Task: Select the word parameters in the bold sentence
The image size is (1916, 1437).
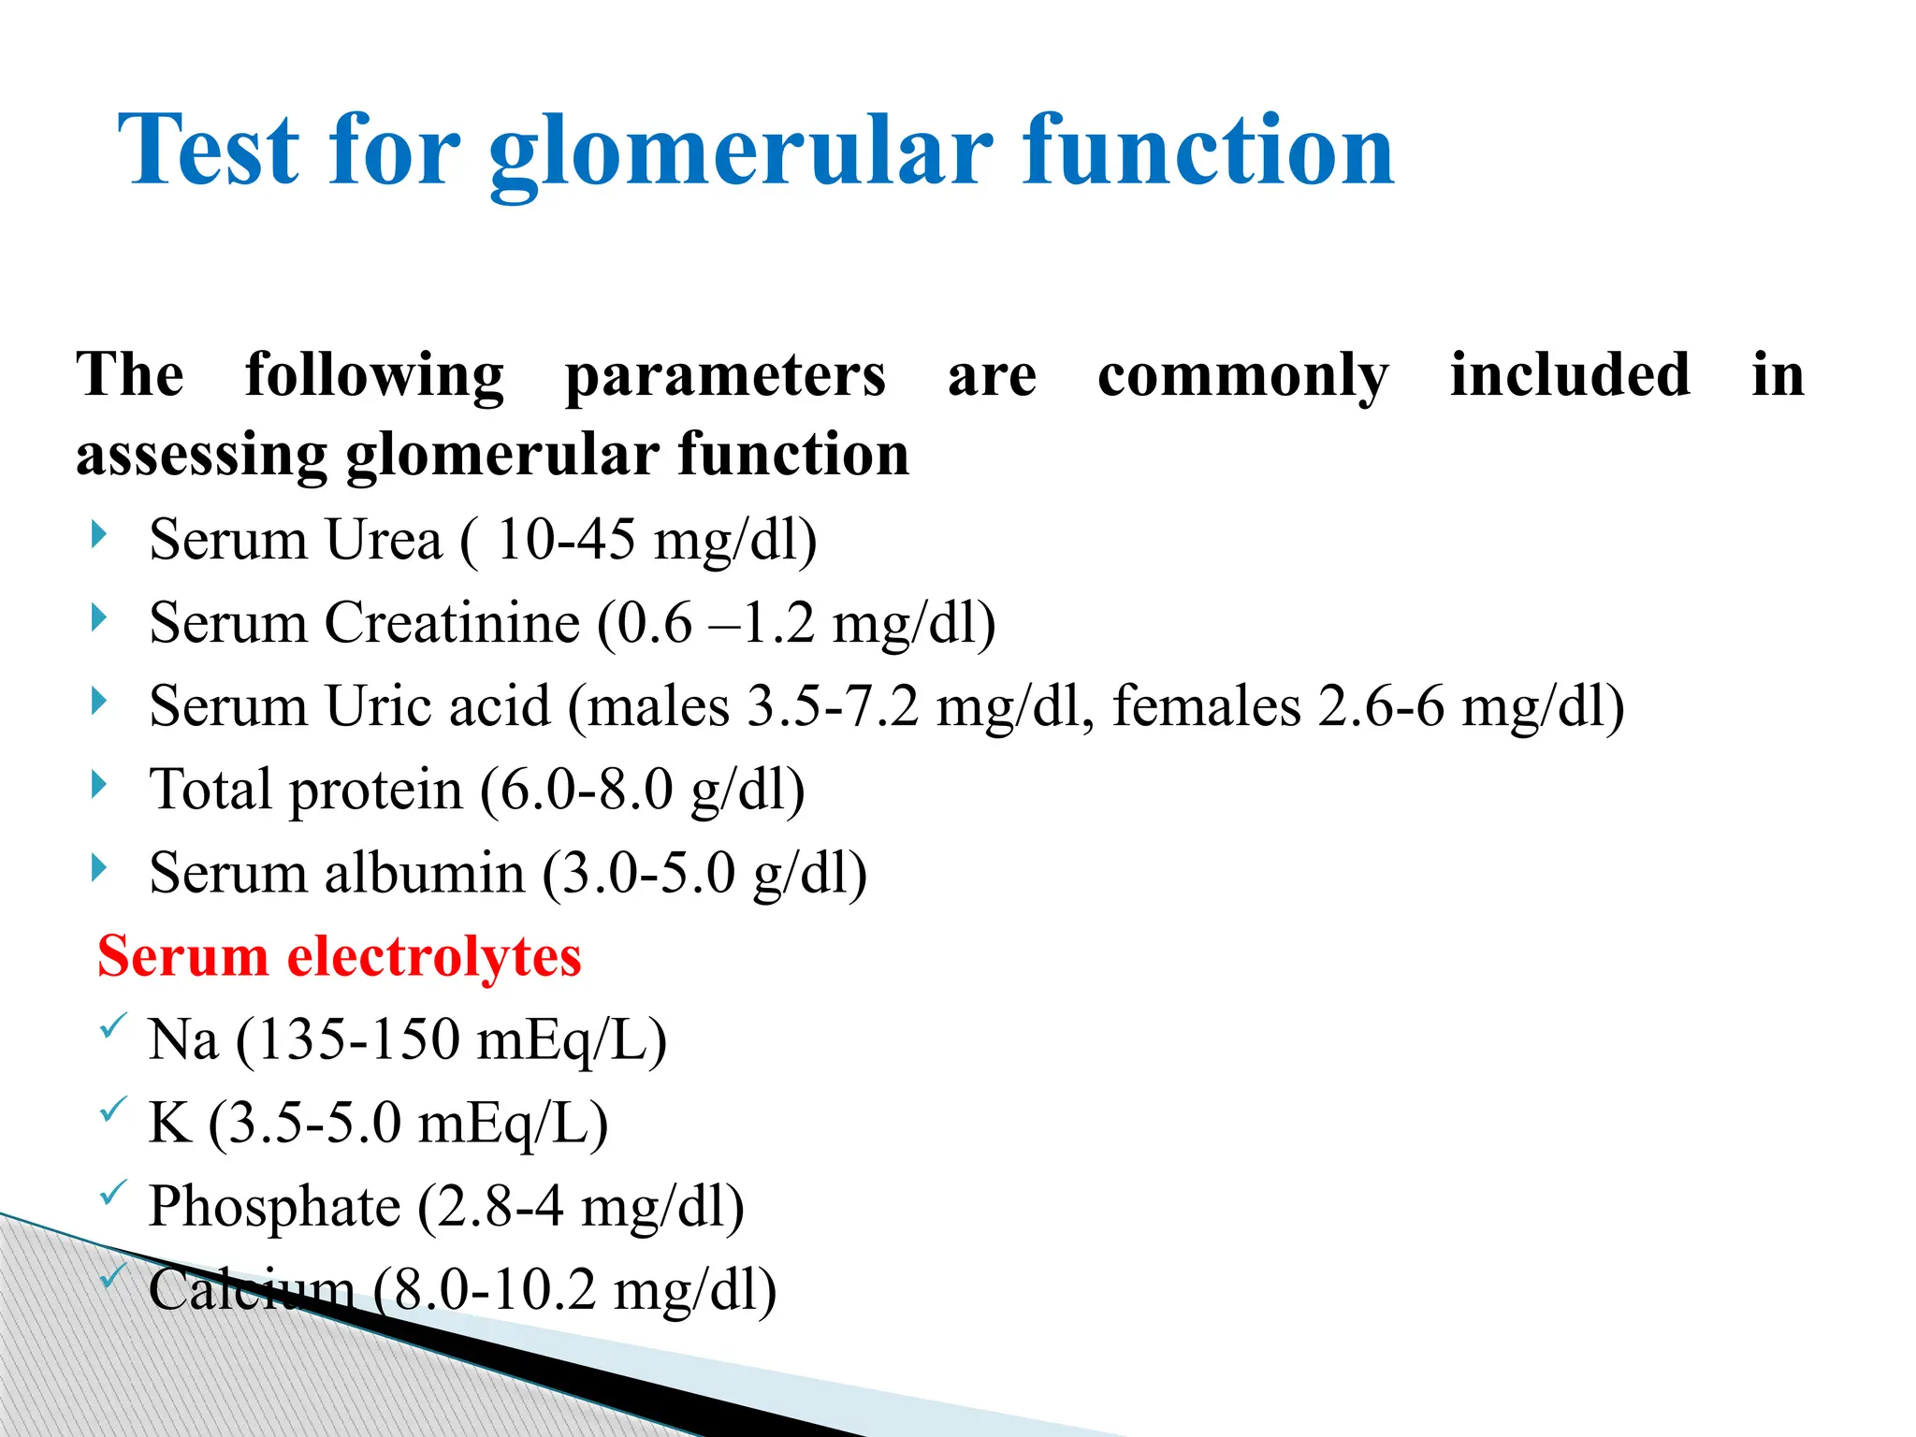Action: tap(725, 376)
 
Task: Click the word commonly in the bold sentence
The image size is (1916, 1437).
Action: tap(1242, 376)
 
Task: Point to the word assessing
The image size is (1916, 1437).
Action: tap(200, 457)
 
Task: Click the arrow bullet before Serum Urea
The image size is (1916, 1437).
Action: tap(99, 536)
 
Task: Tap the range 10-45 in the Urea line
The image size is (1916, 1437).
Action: tap(565, 540)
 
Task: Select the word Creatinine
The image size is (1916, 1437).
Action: tap(452, 623)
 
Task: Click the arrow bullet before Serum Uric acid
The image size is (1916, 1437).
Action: tap(99, 702)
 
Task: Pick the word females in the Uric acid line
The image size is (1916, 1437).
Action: tap(1206, 705)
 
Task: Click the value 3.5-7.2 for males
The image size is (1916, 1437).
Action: tap(833, 705)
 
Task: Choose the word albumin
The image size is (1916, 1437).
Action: tap(425, 873)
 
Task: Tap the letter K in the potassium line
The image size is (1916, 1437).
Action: tap(169, 1123)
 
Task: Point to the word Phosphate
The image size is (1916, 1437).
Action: tap(274, 1206)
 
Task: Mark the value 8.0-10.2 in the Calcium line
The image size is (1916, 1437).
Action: tap(493, 1289)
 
